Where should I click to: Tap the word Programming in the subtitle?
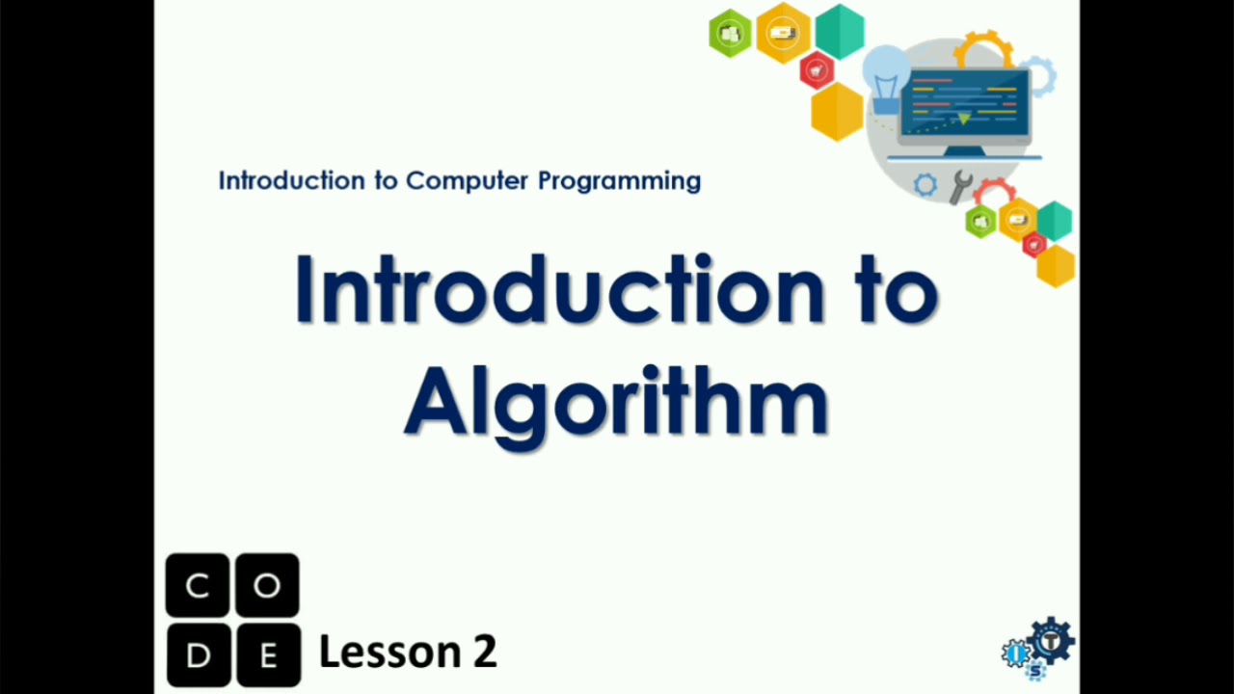619,180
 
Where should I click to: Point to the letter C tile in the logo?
198,585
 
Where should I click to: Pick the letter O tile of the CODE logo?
267,585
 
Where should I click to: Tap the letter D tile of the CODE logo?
198,655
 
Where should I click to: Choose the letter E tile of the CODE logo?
267,655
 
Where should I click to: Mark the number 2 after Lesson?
484,653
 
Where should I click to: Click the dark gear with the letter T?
1051,641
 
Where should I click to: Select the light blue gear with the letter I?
1016,654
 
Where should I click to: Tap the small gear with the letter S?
1035,672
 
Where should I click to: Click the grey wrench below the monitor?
959,187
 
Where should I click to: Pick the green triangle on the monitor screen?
963,119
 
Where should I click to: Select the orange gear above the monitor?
983,48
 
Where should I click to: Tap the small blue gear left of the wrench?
925,185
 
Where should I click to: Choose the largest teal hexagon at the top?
840,31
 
